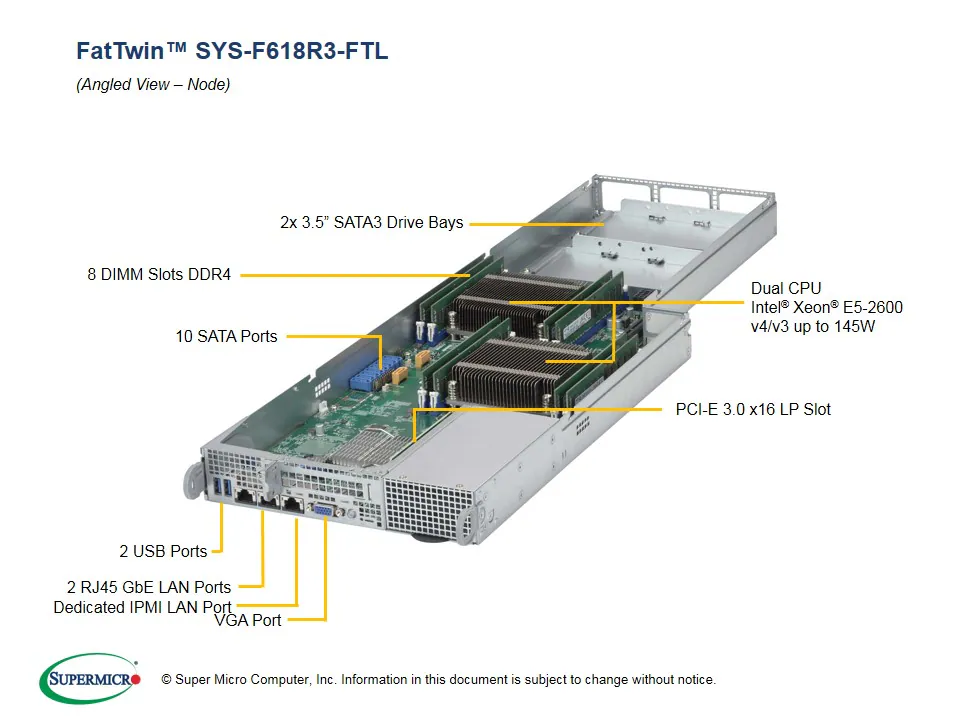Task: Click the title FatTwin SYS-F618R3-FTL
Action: pos(232,51)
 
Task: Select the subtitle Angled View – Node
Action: pos(153,85)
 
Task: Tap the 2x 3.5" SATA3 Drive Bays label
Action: pos(372,223)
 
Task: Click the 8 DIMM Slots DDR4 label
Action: pos(159,274)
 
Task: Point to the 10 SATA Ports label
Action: pos(226,337)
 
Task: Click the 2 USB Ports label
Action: pos(163,551)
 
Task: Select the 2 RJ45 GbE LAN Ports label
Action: pos(149,587)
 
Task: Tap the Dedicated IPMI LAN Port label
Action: pos(142,607)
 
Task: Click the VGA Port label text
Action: pos(248,621)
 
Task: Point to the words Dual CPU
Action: pos(786,289)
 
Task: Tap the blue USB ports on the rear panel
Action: pos(226,488)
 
